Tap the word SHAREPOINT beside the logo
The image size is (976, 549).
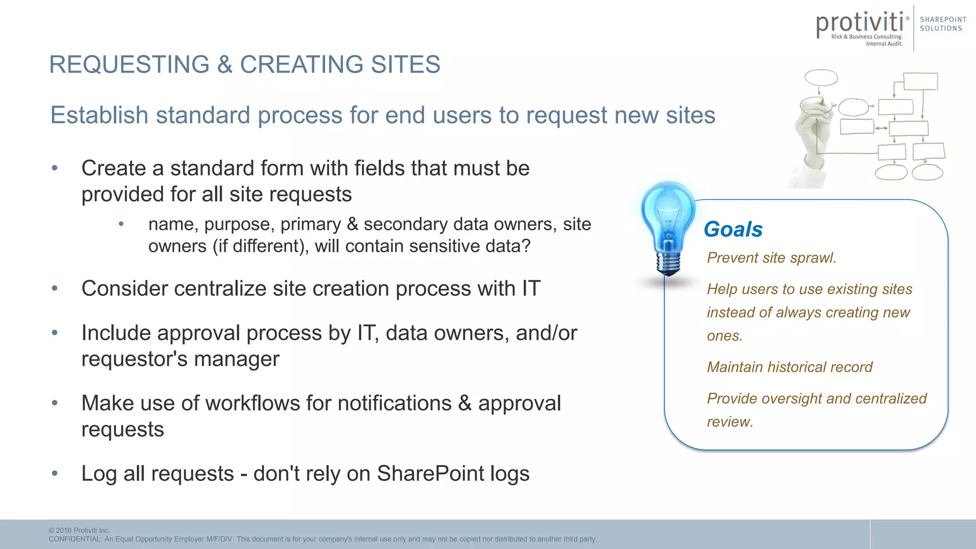pos(943,20)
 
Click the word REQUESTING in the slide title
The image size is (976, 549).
pos(129,64)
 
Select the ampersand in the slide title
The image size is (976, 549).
pos(224,64)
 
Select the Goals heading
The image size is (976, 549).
pos(733,229)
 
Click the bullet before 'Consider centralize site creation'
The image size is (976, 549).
pos(55,288)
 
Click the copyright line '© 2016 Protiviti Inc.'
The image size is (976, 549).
pos(79,530)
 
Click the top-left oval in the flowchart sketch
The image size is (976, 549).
pos(821,77)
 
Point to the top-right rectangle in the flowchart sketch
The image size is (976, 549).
pos(920,81)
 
